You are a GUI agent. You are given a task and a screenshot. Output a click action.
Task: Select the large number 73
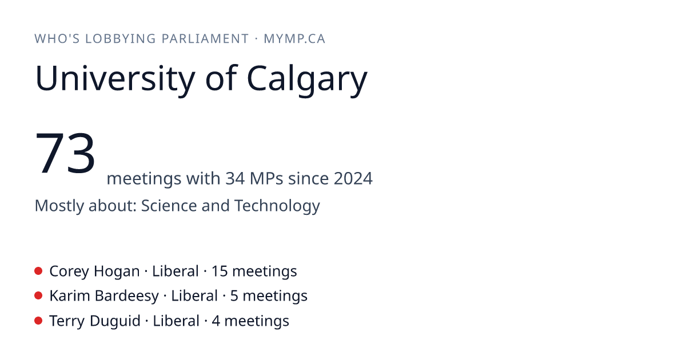[65, 152]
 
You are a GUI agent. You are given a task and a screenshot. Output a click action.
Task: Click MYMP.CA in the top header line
[294, 39]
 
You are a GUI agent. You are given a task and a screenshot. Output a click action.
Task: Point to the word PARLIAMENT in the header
[205, 39]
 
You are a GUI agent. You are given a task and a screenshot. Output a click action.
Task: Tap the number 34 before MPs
[235, 178]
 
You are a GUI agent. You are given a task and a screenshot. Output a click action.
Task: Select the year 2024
[353, 178]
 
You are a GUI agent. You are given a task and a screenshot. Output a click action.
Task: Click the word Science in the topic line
[169, 205]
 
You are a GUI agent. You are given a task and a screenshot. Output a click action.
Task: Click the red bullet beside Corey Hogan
[38, 271]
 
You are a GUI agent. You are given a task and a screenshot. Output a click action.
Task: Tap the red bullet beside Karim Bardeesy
[38, 296]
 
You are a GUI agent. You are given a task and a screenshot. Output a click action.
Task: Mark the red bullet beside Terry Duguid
[38, 321]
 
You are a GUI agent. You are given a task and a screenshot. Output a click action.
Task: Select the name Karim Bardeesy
[104, 297]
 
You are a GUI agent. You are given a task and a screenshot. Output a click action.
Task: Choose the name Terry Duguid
[95, 321]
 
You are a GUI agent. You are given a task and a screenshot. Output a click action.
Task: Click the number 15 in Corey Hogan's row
[220, 271]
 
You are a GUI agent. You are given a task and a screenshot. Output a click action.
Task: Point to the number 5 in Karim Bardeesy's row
[234, 296]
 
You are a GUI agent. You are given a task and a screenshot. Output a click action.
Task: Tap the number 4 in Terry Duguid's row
[216, 321]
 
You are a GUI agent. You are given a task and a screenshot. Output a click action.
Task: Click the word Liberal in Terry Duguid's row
[176, 321]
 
